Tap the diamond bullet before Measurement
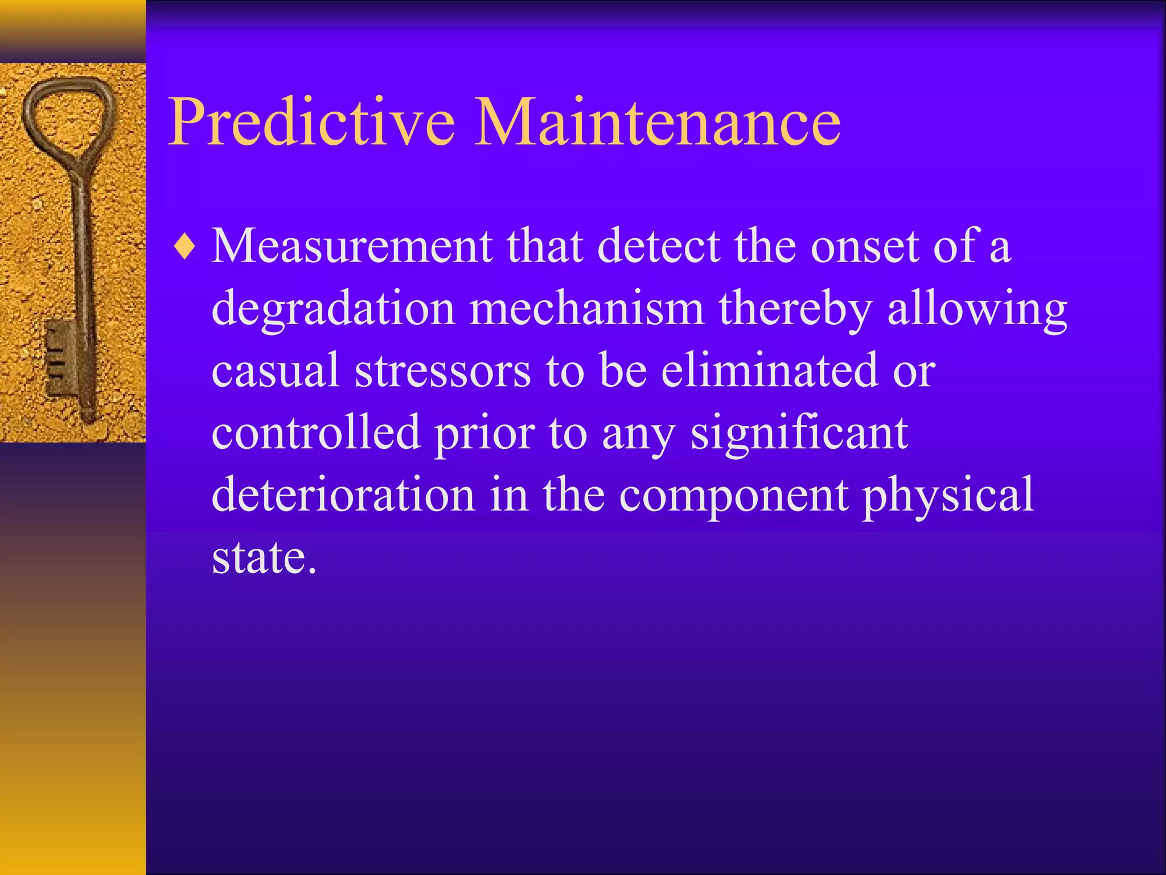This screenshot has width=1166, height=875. coord(186,247)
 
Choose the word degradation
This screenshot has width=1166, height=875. coord(333,310)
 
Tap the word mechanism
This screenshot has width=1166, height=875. coord(586,309)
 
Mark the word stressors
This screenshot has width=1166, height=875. coord(443,371)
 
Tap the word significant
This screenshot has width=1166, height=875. coord(799,434)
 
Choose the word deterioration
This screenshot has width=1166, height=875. coord(343,494)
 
